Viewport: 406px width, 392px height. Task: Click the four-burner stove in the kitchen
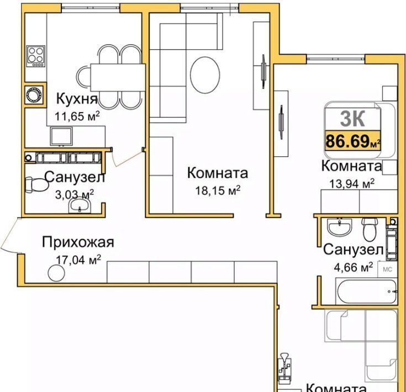36,57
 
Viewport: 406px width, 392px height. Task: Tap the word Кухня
77,99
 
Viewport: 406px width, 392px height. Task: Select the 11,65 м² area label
77,116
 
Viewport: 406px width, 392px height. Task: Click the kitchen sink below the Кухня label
62,136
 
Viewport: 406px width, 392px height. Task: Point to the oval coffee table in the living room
205,75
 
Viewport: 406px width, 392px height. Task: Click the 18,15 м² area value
218,190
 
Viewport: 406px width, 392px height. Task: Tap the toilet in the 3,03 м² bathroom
36,184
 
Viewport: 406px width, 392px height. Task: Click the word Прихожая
78,242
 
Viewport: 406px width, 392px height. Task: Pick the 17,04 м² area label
78,260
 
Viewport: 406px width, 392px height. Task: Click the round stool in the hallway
56,273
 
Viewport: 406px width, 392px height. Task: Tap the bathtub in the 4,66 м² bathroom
367,292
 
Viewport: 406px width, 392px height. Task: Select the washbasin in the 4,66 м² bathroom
340,227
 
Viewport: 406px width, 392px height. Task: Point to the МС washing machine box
387,269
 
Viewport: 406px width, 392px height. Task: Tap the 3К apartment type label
352,118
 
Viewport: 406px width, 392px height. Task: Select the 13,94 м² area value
352,184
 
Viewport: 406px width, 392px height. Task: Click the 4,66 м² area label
354,267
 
